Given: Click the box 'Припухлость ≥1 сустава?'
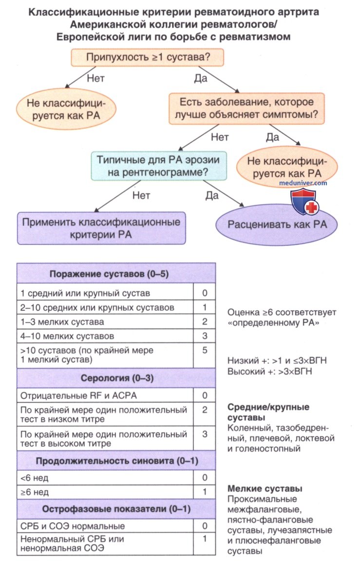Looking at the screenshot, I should [x=148, y=57].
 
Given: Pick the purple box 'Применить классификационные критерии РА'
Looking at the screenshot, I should [x=101, y=227].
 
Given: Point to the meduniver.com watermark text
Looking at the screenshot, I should [x=303, y=183].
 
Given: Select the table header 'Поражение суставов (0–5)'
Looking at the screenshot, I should [x=115, y=274].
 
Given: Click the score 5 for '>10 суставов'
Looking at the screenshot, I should [x=205, y=350].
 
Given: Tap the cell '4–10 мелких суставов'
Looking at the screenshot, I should [x=105, y=336].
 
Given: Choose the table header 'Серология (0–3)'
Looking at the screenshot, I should [x=115, y=378].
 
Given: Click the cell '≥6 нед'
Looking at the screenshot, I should [x=105, y=492].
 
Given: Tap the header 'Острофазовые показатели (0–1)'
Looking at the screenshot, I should [x=115, y=509].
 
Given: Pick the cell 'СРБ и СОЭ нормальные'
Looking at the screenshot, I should [x=105, y=526].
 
